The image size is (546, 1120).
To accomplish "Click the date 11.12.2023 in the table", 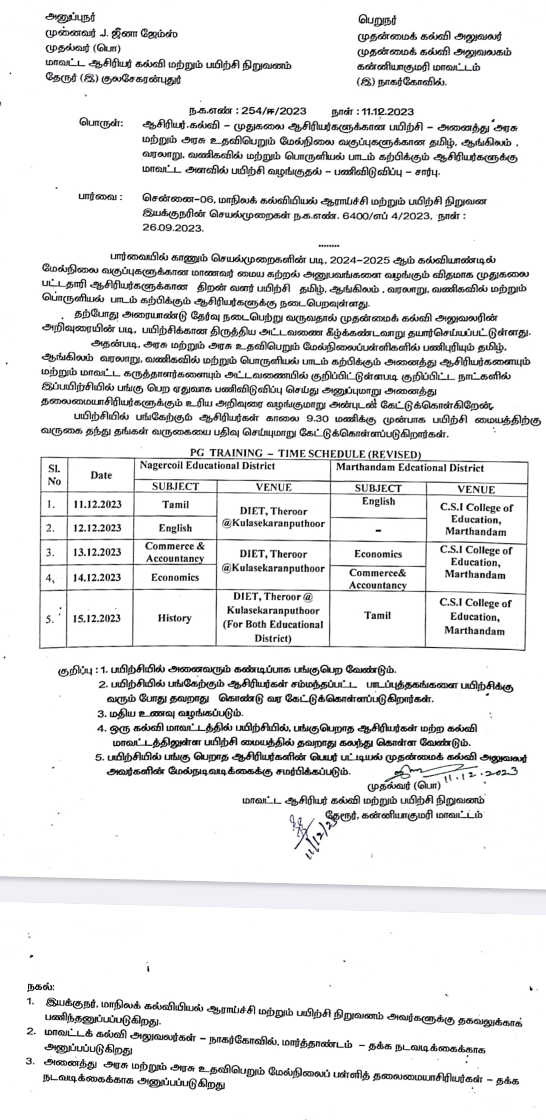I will (x=97, y=504).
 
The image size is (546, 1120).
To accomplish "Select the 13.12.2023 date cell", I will (x=97, y=552).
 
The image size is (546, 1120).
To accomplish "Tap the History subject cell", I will (x=175, y=618).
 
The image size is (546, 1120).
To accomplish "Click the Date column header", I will (x=101, y=475).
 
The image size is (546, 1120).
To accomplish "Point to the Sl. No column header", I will (x=54, y=475).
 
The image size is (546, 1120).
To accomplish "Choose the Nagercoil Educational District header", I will (x=207, y=466).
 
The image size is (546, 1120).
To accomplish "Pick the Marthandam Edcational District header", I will (x=409, y=468).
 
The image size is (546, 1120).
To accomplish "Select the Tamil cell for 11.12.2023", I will (x=175, y=504).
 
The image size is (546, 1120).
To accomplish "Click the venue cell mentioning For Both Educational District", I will (x=273, y=617).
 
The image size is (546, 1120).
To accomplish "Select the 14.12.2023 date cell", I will (x=97, y=577).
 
